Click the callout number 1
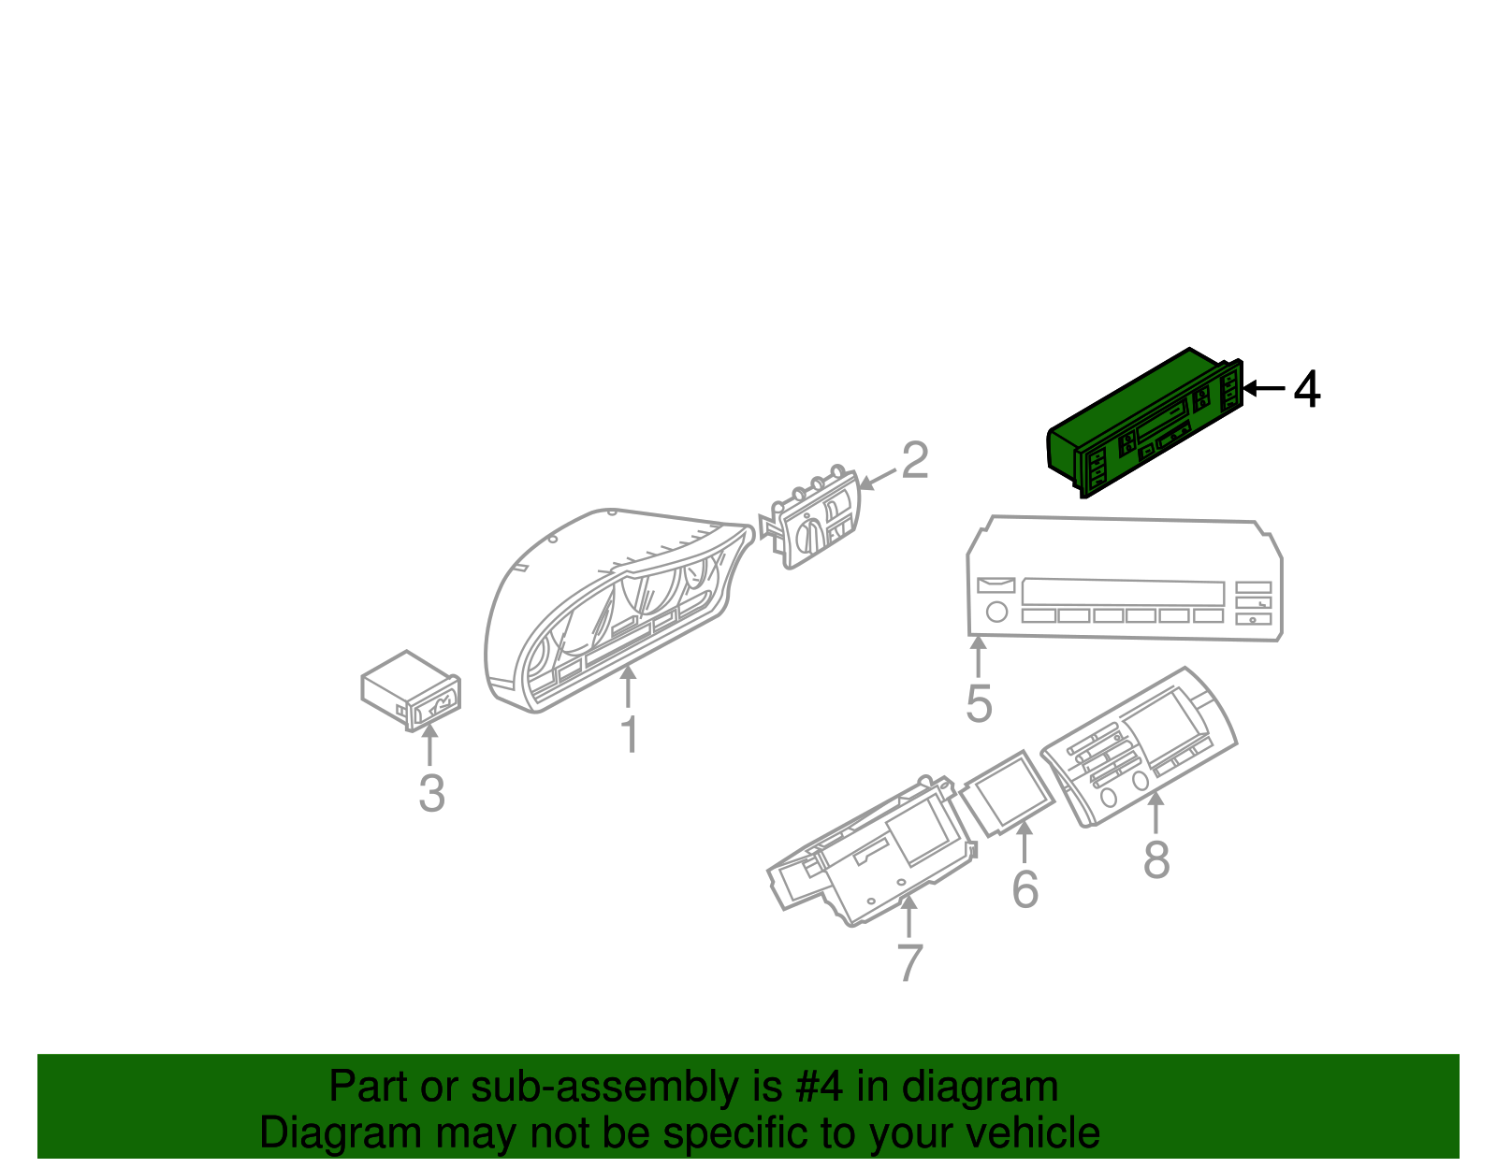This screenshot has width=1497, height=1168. (630, 734)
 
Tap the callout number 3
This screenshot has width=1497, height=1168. (432, 793)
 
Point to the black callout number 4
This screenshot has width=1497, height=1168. (1307, 389)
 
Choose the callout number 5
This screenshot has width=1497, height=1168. (979, 703)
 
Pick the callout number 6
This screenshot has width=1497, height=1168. (1025, 888)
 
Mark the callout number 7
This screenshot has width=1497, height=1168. (909, 963)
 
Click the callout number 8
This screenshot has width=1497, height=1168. (1156, 859)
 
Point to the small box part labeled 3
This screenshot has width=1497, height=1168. (411, 690)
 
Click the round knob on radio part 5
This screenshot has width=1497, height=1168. (996, 612)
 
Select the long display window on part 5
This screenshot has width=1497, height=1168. (1123, 593)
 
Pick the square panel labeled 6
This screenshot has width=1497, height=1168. (1007, 794)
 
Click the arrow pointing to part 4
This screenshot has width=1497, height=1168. (1264, 388)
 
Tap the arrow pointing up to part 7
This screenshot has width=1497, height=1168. (909, 916)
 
